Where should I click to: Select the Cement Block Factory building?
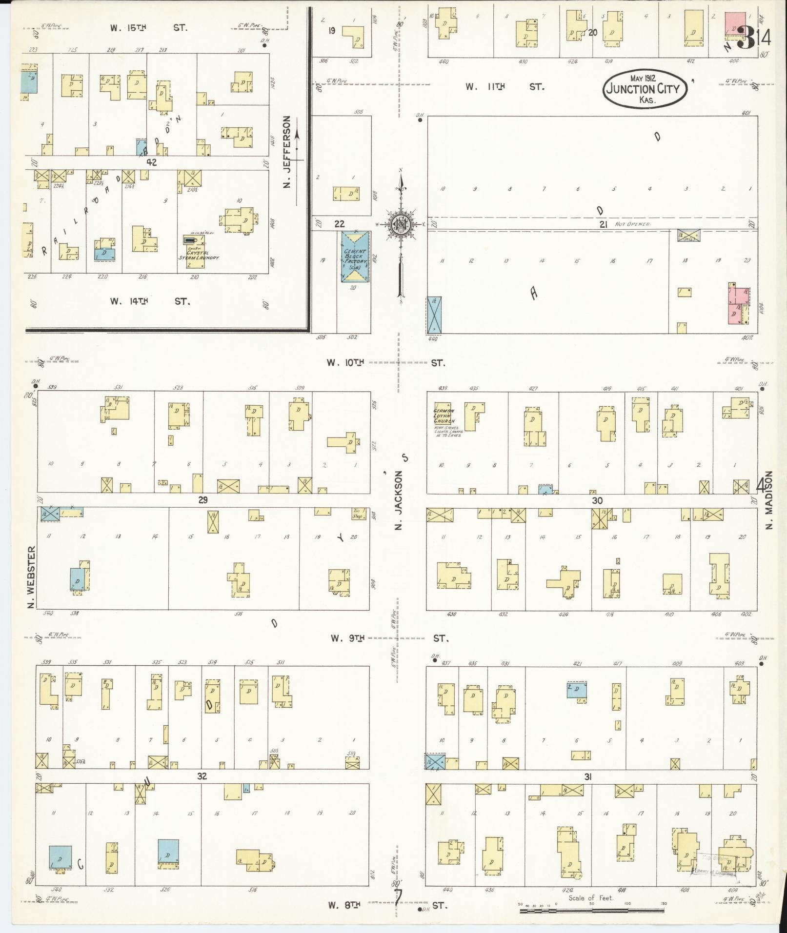[x=355, y=256]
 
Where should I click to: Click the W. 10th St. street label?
[x=386, y=363]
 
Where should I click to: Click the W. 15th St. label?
[x=148, y=28]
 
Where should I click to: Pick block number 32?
[x=202, y=776]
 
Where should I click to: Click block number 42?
[x=151, y=163]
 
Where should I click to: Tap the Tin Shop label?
[x=359, y=514]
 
